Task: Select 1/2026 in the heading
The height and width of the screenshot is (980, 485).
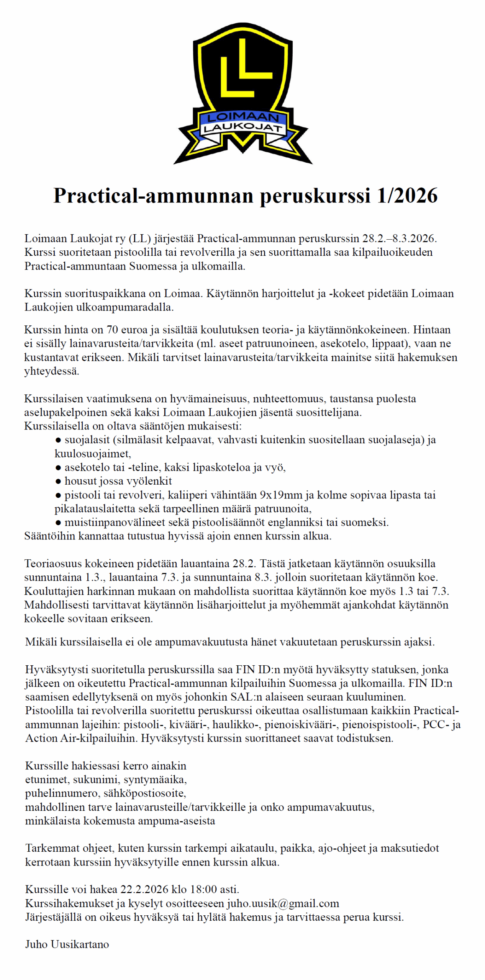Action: (x=406, y=196)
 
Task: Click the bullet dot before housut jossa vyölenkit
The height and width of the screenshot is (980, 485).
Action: (x=58, y=481)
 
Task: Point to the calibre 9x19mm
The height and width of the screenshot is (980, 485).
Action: (x=281, y=495)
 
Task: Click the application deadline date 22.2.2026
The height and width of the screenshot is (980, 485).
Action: (x=144, y=889)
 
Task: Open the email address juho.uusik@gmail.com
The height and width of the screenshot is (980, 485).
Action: (x=283, y=903)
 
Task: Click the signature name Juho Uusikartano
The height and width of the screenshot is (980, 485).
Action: (x=67, y=944)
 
